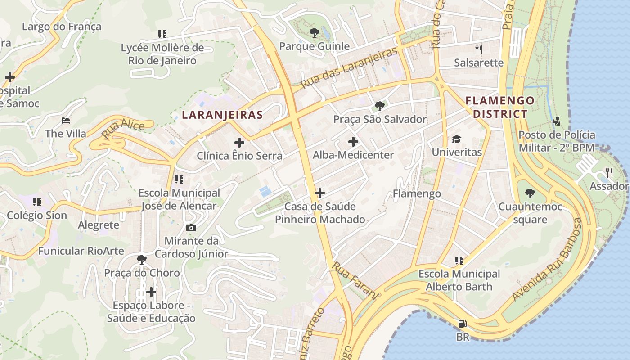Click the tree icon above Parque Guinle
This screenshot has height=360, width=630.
(314, 32)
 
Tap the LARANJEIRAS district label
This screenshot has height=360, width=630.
(222, 115)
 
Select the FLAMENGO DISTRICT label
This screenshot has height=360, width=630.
(500, 107)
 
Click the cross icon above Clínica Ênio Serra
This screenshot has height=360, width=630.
(239, 143)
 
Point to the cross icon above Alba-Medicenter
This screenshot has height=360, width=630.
(353, 142)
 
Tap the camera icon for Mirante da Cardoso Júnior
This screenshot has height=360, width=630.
(191, 228)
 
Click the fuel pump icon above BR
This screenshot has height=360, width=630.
(462, 323)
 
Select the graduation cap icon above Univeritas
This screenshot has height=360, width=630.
(457, 139)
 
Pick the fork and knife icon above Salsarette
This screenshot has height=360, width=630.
(478, 49)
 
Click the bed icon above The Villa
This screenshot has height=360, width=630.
(66, 121)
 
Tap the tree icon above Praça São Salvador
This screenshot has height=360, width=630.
(380, 106)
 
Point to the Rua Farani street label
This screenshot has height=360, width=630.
(354, 280)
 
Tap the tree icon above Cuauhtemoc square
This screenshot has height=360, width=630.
(530, 194)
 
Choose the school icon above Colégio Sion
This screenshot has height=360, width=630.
(37, 202)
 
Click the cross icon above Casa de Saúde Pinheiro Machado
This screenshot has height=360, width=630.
(320, 193)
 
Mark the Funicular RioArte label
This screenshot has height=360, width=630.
(81, 251)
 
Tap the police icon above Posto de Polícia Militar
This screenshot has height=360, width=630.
(557, 121)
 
